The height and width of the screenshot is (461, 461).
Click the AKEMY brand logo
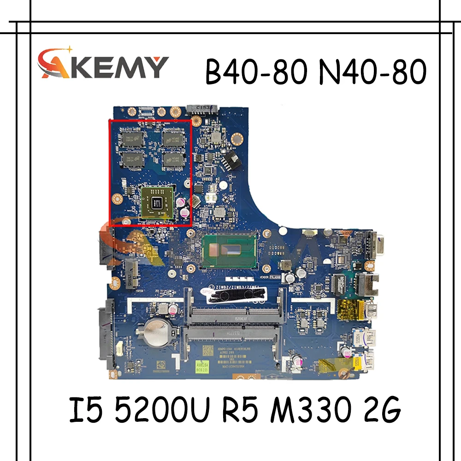click(x=103, y=65)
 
